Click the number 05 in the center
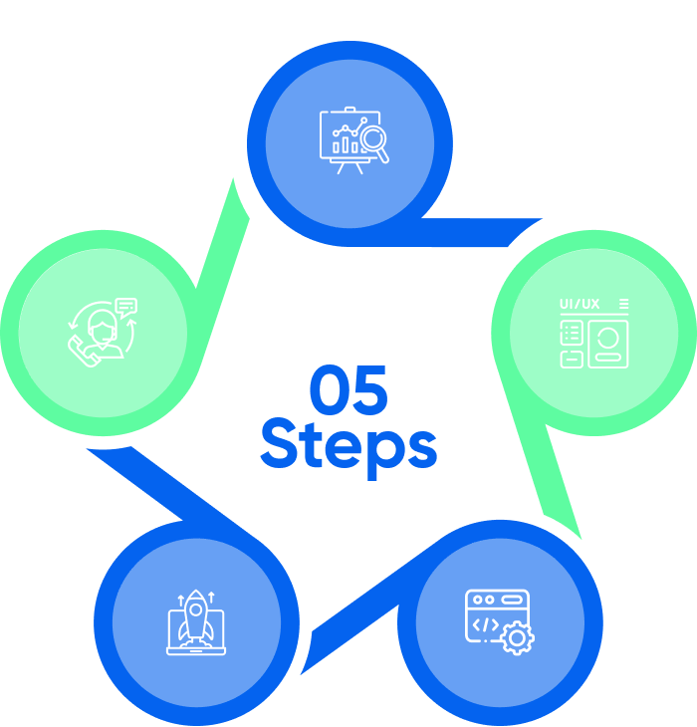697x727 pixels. coord(348,390)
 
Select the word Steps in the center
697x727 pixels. coord(348,447)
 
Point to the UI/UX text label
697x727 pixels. coord(580,304)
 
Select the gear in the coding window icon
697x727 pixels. coord(517,638)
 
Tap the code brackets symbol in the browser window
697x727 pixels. coord(486,625)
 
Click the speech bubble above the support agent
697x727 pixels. coord(125,306)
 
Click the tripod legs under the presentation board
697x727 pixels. coord(349,166)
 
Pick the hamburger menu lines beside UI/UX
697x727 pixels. coord(623,303)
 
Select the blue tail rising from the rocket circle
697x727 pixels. coord(159,488)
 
